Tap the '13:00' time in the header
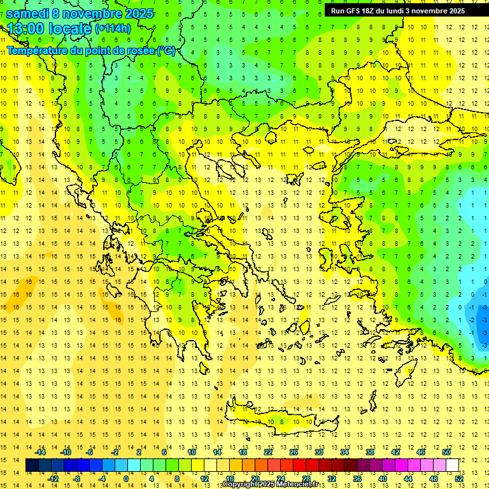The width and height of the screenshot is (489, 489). [x=27, y=29]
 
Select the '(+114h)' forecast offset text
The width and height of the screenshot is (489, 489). [x=113, y=29]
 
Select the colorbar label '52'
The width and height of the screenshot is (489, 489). [x=459, y=478]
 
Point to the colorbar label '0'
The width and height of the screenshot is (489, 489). [x=125, y=478]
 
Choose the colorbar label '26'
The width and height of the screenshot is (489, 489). [x=294, y=452]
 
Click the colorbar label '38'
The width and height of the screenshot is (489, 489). [x=369, y=452]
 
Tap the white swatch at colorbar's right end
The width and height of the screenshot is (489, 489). [x=452, y=465]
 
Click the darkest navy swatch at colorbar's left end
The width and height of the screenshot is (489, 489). [x=32, y=465]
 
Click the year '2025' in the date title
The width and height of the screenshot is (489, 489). [x=136, y=13]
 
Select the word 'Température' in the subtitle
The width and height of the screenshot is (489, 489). [x=36, y=50]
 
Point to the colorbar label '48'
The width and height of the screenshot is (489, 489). [x=434, y=478]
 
